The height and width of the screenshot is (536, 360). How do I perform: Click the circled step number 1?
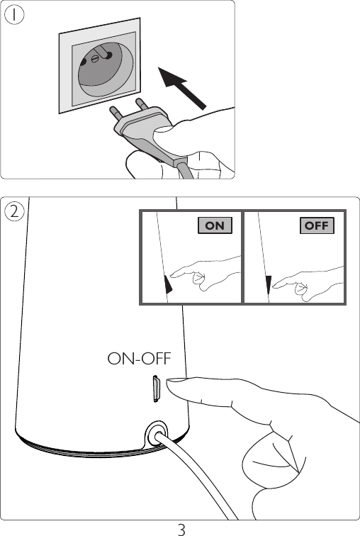14,15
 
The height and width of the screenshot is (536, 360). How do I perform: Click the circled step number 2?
14,211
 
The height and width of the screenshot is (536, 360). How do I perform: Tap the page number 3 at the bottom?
181,529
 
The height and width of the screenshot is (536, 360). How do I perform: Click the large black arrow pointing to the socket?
182,88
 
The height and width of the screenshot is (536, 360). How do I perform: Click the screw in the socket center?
95,59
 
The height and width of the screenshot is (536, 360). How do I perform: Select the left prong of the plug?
116,113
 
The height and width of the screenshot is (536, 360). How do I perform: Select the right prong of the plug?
142,104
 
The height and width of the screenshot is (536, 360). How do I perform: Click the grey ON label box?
215,225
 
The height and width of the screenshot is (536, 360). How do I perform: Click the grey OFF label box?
317,225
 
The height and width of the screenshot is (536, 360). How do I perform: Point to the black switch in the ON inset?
168,284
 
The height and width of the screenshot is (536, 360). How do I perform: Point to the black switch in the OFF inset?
268,286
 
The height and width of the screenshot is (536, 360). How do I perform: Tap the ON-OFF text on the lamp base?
139,359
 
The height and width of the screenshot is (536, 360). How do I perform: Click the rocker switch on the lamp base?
156,389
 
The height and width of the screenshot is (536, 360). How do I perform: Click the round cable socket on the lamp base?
157,434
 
